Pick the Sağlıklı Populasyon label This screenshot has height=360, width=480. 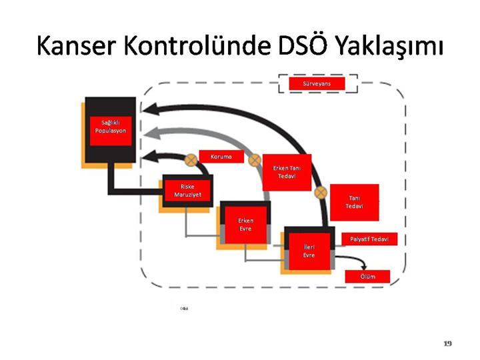click(110, 127)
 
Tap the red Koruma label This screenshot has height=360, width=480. click(221, 157)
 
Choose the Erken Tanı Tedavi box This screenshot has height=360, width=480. click(287, 172)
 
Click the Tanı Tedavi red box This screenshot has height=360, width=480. click(354, 202)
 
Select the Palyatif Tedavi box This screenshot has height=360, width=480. click(369, 239)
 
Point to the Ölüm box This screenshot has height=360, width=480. click(367, 276)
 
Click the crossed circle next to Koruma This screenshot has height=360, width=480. click(191, 159)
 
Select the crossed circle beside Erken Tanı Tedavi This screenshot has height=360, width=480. click(254, 160)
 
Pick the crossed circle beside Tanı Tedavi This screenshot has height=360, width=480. click(321, 192)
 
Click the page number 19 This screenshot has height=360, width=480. click(447, 343)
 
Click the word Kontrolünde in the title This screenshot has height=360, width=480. click(193, 46)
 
